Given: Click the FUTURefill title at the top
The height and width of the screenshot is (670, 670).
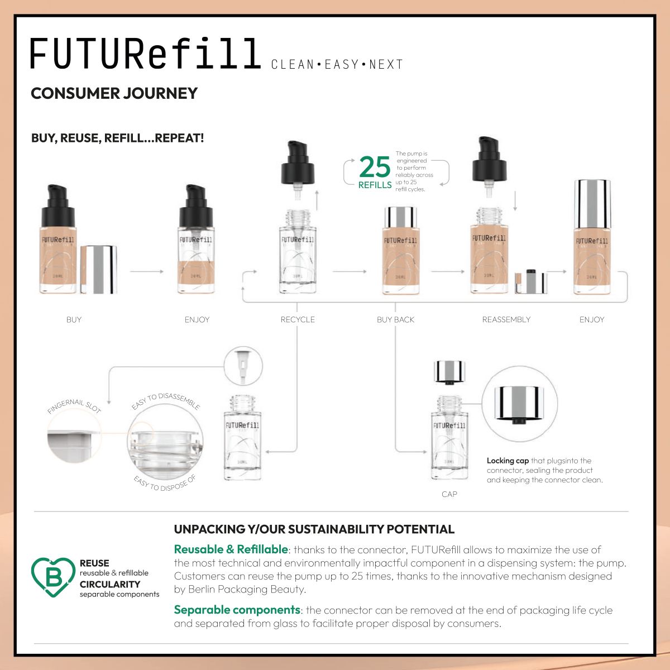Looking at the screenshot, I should coord(145,54).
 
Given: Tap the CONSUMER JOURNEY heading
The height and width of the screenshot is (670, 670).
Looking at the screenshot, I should coord(114,93).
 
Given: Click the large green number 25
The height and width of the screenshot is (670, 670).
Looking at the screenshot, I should coord(374,166).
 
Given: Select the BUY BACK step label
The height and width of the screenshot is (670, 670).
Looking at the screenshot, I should coord(395,320).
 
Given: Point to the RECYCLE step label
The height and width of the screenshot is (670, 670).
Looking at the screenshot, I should coord(298,320).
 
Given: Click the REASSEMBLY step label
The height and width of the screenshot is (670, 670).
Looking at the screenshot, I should coord(506,320).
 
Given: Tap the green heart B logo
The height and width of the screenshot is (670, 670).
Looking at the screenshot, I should coord(53,577).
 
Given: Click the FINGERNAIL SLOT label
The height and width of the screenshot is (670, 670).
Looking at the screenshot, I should coord(74,406).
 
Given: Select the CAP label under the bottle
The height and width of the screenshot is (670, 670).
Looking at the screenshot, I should coord(449,494).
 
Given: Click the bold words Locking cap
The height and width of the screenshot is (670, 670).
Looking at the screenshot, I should coord(508,461).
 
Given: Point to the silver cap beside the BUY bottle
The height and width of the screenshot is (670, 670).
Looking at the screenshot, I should coord(98,269).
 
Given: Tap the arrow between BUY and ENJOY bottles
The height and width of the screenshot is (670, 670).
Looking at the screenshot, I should coord(146,271).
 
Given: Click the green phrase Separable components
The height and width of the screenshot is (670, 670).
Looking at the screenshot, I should coord(237,610).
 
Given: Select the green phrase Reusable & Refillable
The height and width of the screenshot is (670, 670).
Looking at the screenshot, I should coord(231,549).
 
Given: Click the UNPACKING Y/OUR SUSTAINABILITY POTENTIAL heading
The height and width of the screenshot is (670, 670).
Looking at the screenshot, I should coord(314,529).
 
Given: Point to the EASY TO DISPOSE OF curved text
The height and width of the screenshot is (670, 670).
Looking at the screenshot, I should coord(165,484).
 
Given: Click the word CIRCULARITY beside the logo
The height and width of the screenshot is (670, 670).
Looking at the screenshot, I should coord(110,584).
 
